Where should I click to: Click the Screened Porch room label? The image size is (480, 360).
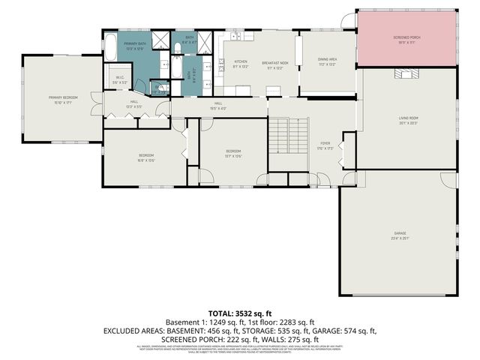[x=406, y=38]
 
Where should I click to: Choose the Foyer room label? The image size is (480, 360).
[x=325, y=145]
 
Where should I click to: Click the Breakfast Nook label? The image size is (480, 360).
[x=277, y=63]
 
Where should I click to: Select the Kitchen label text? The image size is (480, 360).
[x=241, y=63]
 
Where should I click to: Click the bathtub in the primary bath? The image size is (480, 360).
[x=110, y=50]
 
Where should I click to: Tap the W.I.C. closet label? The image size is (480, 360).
[x=120, y=79]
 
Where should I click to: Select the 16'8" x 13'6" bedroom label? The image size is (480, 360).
[x=145, y=157]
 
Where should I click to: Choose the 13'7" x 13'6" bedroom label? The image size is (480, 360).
[x=234, y=154]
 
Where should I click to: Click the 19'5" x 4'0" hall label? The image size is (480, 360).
[x=218, y=105]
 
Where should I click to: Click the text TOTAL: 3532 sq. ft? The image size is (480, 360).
[x=239, y=313]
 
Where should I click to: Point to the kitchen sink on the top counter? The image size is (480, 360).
[x=235, y=36]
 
